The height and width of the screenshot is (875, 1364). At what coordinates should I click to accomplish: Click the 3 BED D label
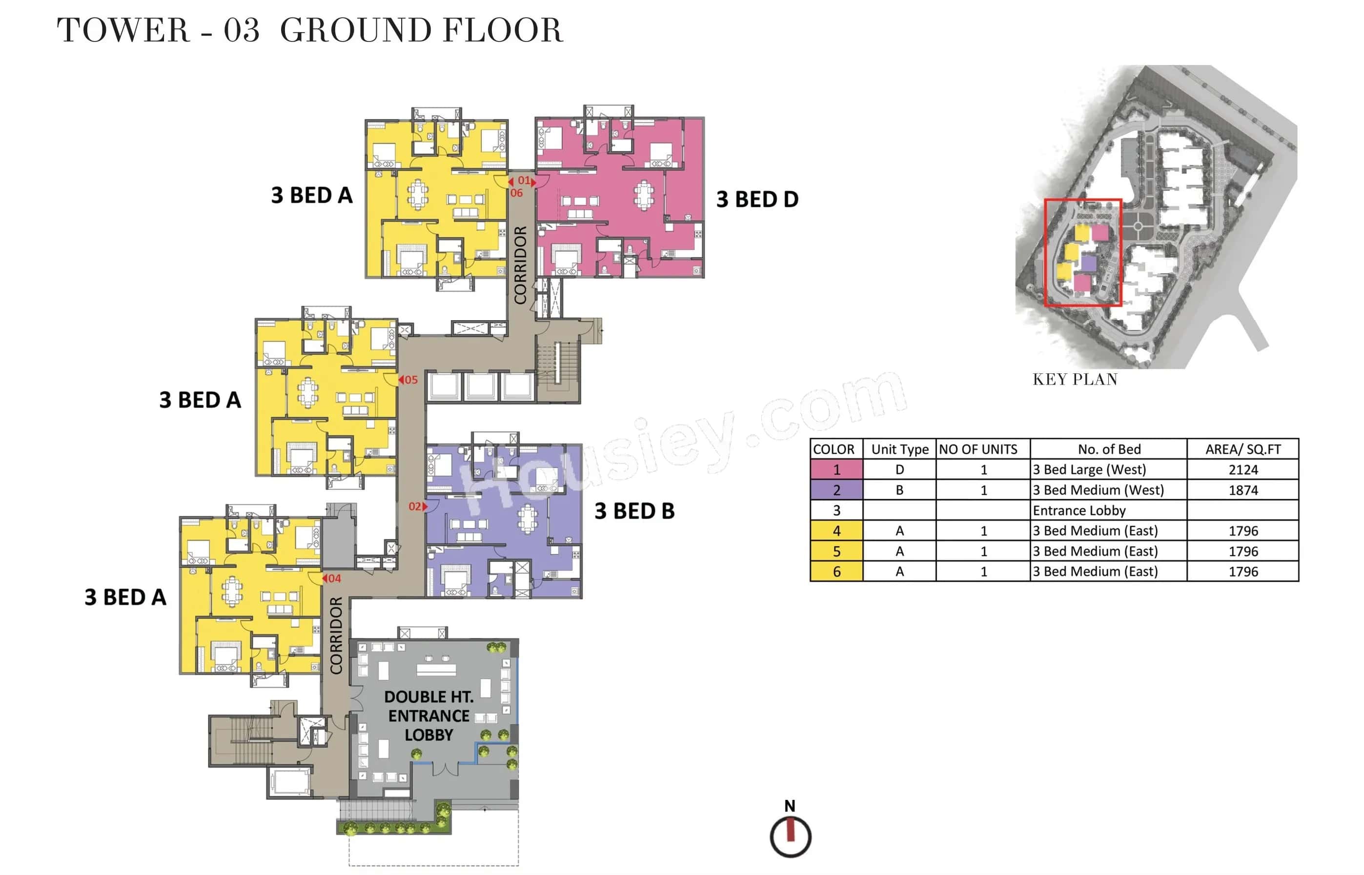(757, 200)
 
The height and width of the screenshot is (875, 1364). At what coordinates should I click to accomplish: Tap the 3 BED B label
(634, 511)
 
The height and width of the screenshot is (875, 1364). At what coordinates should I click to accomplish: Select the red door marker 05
(408, 380)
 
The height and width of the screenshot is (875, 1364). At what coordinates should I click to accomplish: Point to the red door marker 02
(417, 506)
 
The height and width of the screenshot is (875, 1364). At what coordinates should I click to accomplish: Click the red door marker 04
(332, 578)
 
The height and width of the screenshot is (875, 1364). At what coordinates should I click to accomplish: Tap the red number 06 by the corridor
(516, 193)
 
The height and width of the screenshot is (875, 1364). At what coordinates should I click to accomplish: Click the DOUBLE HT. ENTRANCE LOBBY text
(428, 715)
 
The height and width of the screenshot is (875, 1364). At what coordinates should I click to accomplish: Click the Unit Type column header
(899, 449)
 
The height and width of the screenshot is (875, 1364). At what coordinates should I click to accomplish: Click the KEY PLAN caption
(1074, 380)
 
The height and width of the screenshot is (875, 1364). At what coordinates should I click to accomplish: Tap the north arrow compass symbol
(790, 835)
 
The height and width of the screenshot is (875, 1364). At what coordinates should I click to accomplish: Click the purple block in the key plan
(1088, 263)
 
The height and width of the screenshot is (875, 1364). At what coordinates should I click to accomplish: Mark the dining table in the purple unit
(527, 518)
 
